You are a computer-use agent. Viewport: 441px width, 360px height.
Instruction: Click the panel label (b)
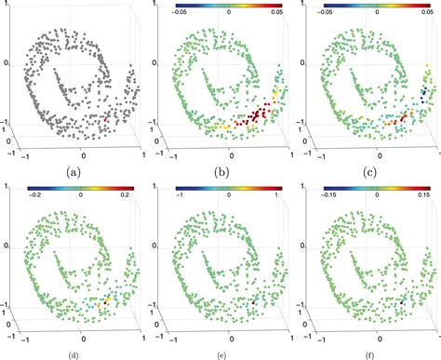220,172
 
